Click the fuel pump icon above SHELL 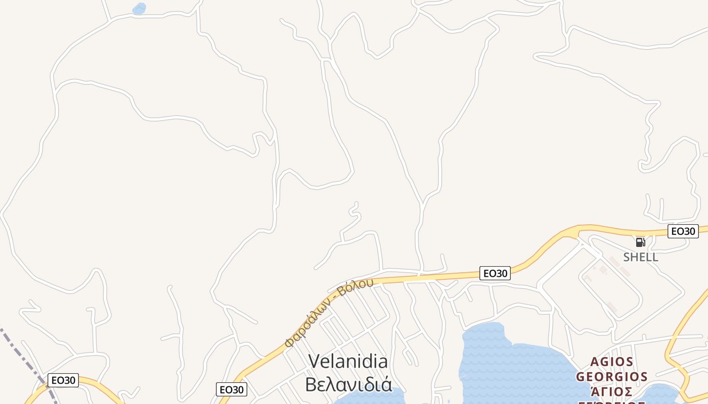pyautogui.click(x=640, y=242)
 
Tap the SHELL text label pyautogui.click(x=640, y=257)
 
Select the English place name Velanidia pyautogui.click(x=348, y=362)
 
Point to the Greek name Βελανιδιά pyautogui.click(x=348, y=384)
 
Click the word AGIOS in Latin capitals pyautogui.click(x=612, y=362)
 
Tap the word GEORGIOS pyautogui.click(x=612, y=377)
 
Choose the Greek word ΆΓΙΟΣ pyautogui.click(x=612, y=392)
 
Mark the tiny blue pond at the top pyautogui.click(x=139, y=9)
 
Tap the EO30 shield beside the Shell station pyautogui.click(x=683, y=231)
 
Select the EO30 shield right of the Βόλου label pyautogui.click(x=495, y=273)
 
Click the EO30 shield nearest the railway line pyautogui.click(x=63, y=380)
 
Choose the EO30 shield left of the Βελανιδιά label pyautogui.click(x=232, y=389)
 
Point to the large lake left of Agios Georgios pyautogui.click(x=511, y=364)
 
